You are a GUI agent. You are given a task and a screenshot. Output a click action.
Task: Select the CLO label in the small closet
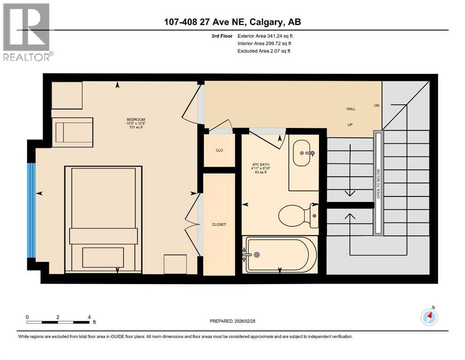tap(219, 150)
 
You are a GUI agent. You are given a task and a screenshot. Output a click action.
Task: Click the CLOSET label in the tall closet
tap(219, 225)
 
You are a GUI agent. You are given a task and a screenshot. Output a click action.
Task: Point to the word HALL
tap(351, 109)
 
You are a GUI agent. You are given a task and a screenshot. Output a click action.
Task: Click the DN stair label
tap(376, 105)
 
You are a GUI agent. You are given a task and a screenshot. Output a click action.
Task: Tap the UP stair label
tap(349, 126)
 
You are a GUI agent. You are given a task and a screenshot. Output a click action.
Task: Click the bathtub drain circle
tap(256, 255)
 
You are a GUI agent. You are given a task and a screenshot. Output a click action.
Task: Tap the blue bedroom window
tap(31, 210)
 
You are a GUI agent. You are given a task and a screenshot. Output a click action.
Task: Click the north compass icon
tap(429, 317)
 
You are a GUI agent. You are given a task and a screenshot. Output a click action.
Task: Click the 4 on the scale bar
tap(89, 317)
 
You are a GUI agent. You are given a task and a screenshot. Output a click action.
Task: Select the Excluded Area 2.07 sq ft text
tap(264, 51)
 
